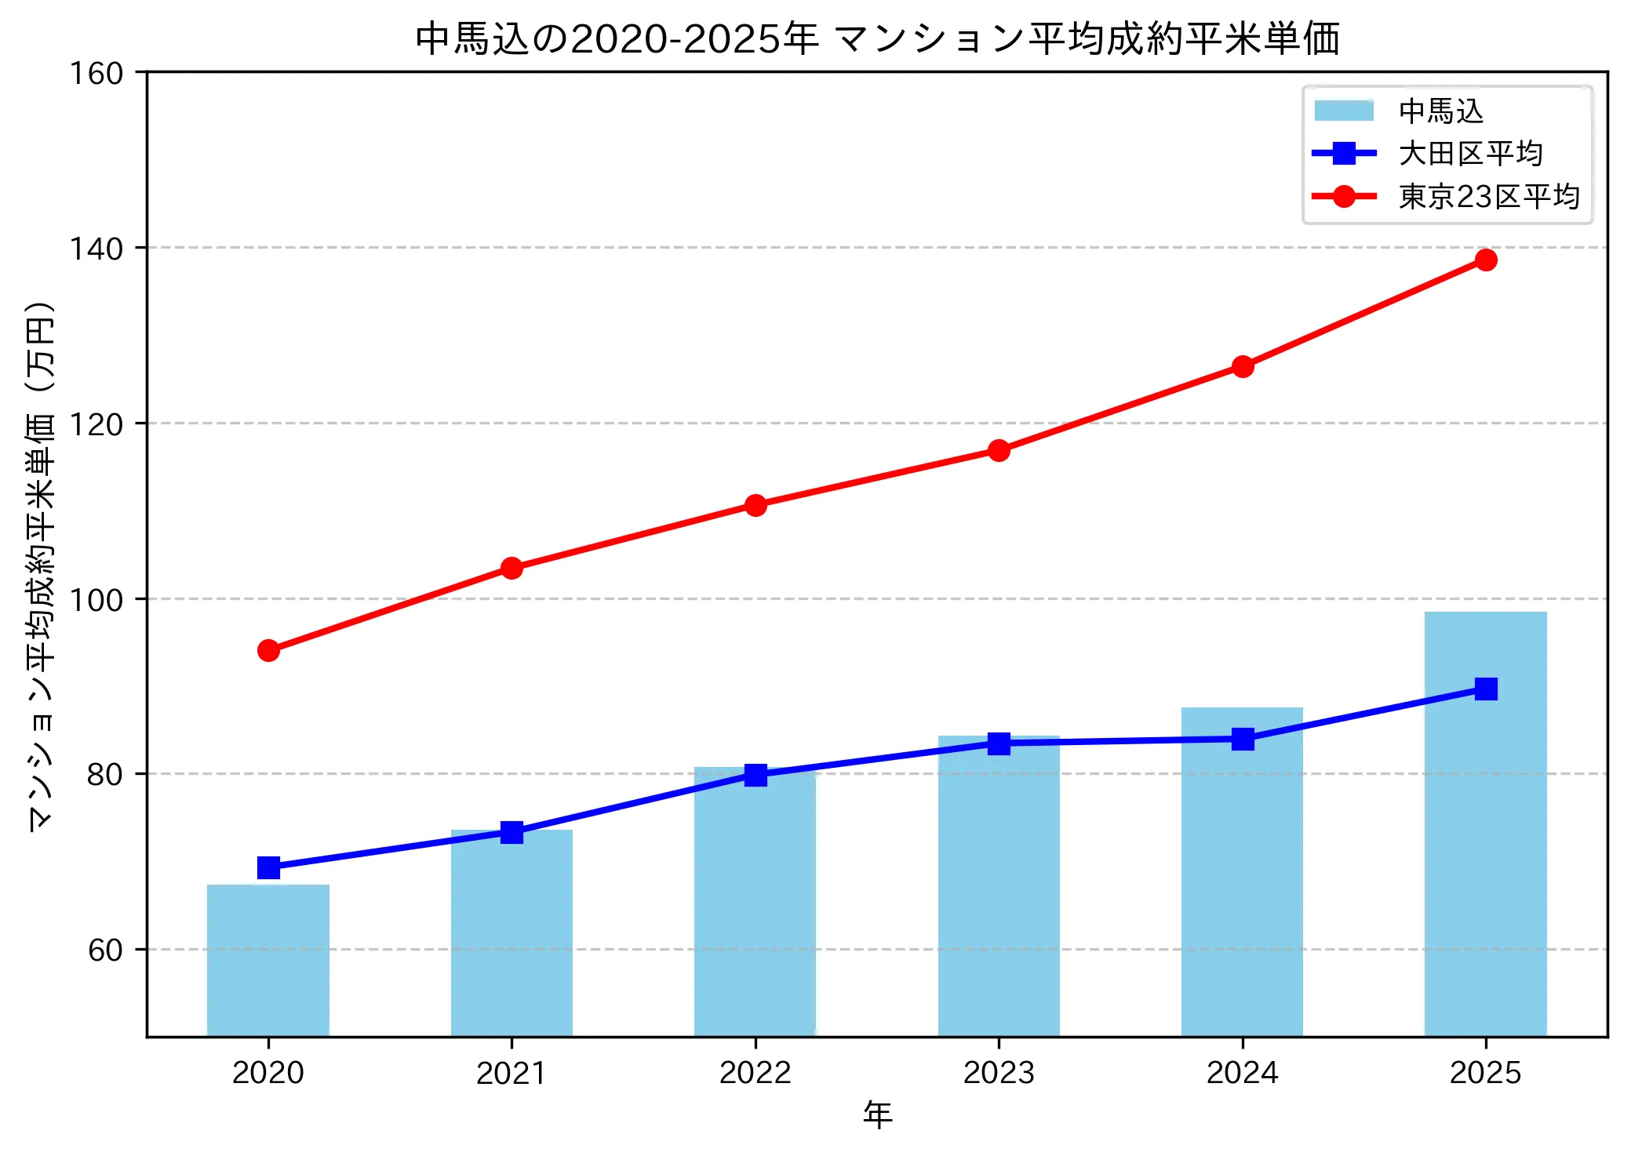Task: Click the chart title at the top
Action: click(x=877, y=39)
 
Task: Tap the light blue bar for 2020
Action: click(x=268, y=960)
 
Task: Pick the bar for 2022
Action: click(x=755, y=902)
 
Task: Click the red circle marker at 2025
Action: click(x=1485, y=260)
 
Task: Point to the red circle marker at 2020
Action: click(x=268, y=650)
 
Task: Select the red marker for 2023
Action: click(x=999, y=450)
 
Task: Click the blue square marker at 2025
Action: click(x=1485, y=689)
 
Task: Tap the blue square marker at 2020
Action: click(x=268, y=867)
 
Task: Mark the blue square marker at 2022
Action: click(x=755, y=775)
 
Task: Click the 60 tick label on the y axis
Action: click(x=105, y=951)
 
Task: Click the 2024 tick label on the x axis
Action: click(x=1242, y=1072)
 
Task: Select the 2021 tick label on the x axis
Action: click(x=512, y=1072)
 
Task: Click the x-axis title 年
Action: click(x=877, y=1114)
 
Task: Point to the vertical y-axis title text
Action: click(x=41, y=565)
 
